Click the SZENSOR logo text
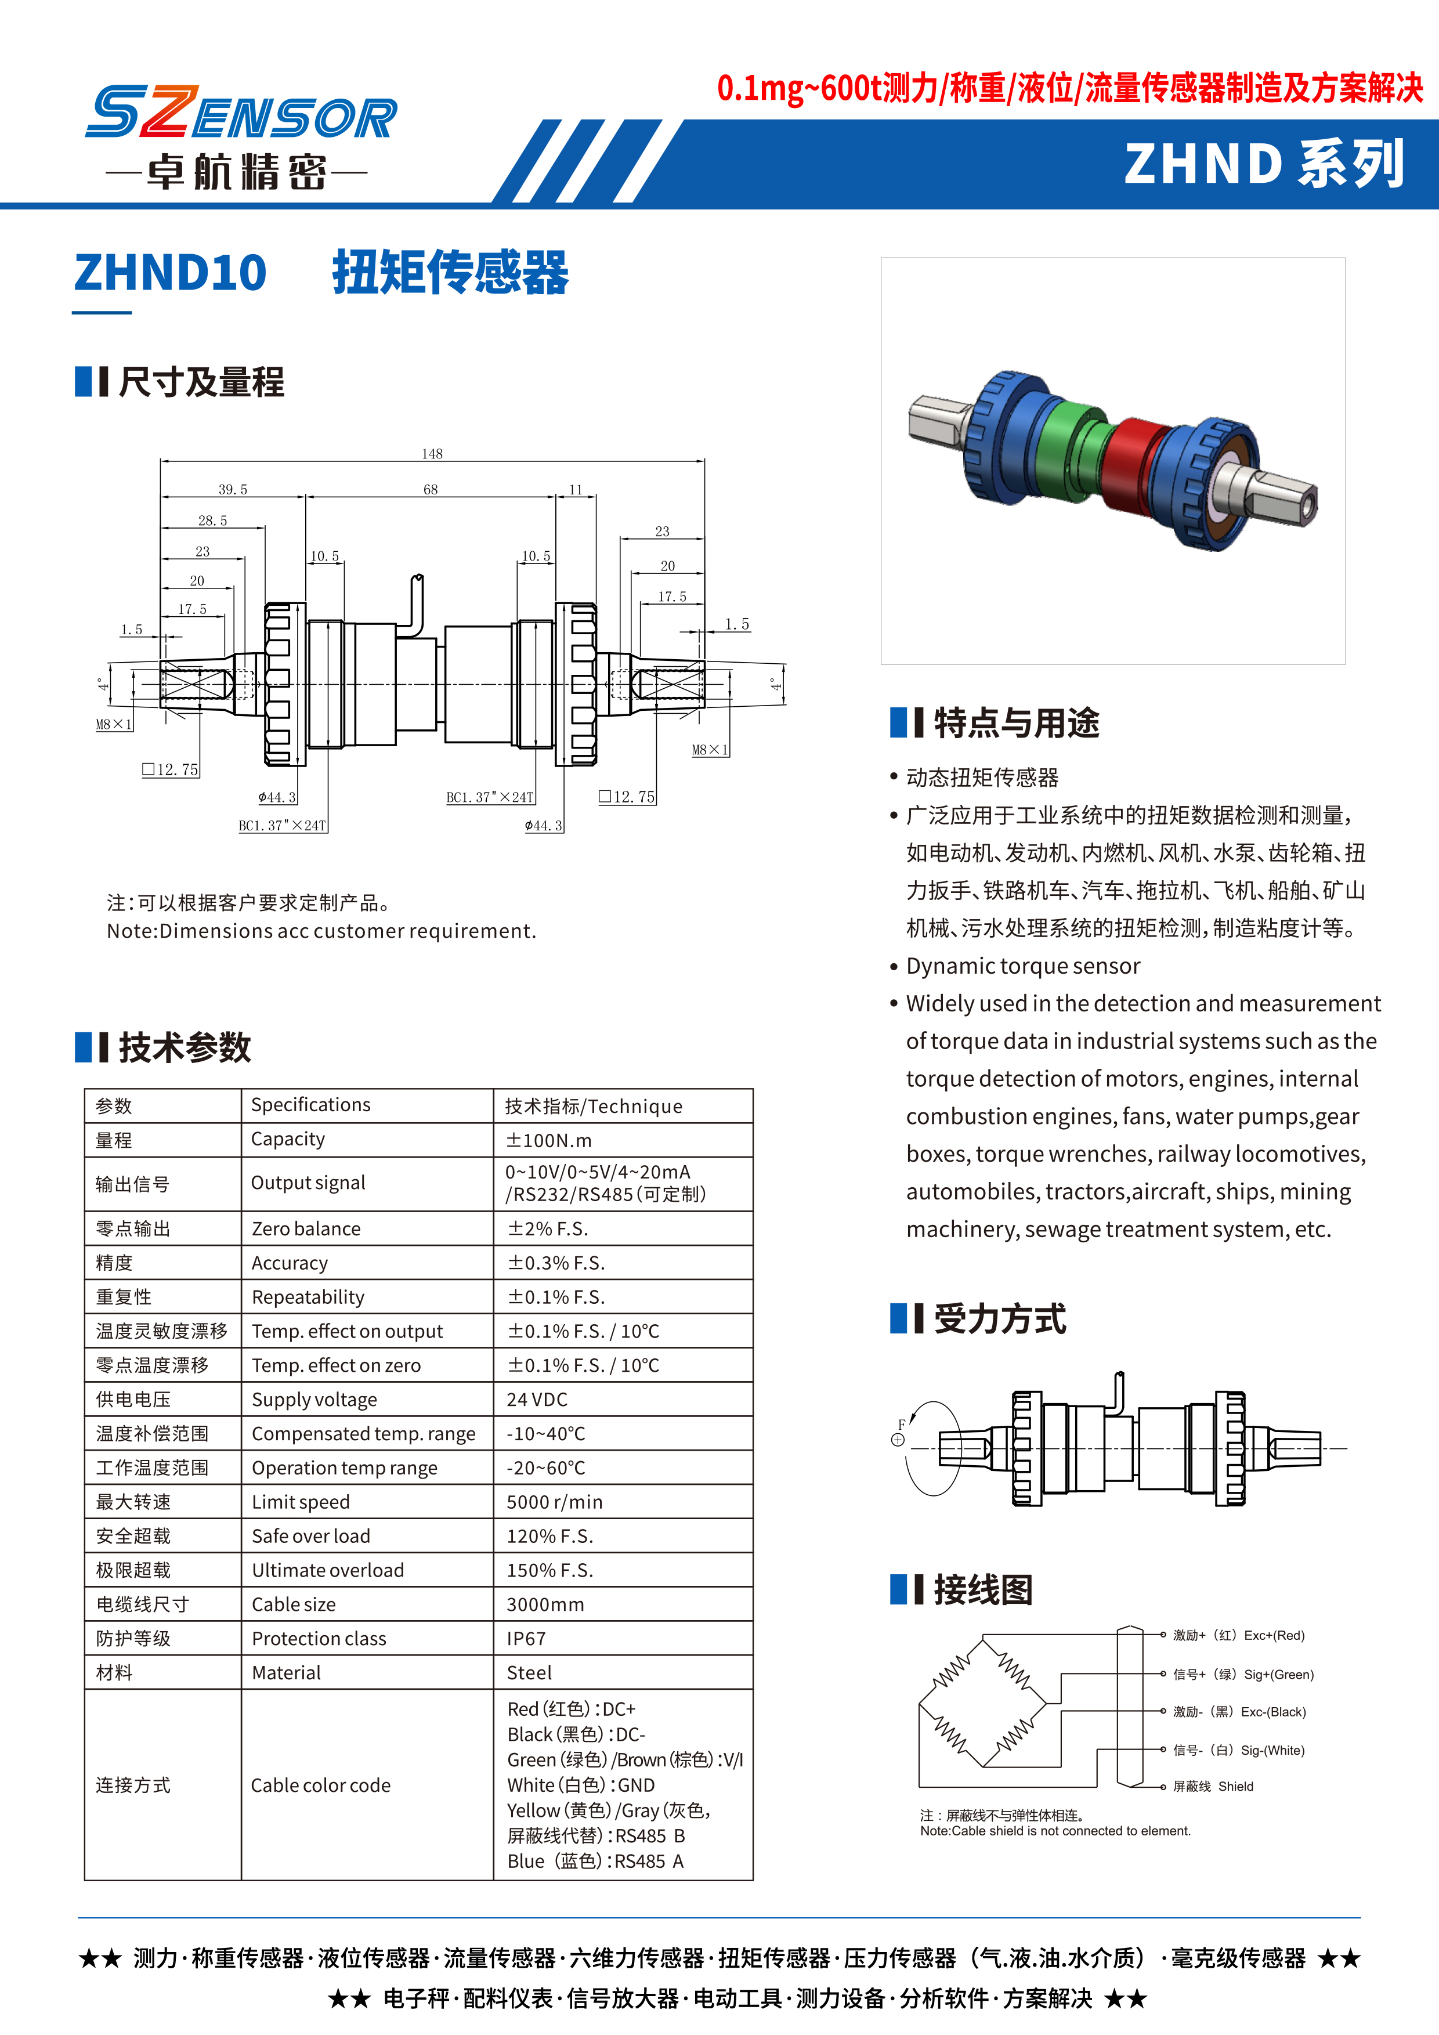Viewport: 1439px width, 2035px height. tap(241, 114)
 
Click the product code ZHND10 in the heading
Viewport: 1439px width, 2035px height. tap(170, 272)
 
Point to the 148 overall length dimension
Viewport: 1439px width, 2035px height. tap(432, 454)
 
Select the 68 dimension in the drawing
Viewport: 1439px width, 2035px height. tap(431, 489)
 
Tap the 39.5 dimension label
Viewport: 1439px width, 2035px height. tap(233, 489)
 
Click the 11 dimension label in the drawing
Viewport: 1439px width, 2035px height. tap(576, 489)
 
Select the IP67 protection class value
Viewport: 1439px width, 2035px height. tap(526, 1639)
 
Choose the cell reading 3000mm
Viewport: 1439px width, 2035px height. tap(545, 1604)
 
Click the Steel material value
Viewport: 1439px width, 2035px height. tap(529, 1672)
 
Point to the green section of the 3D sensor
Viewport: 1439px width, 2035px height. tap(1068, 434)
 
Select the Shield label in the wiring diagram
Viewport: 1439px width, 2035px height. tap(1235, 1786)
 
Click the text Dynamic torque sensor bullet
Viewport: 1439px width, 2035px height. tap(1022, 966)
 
